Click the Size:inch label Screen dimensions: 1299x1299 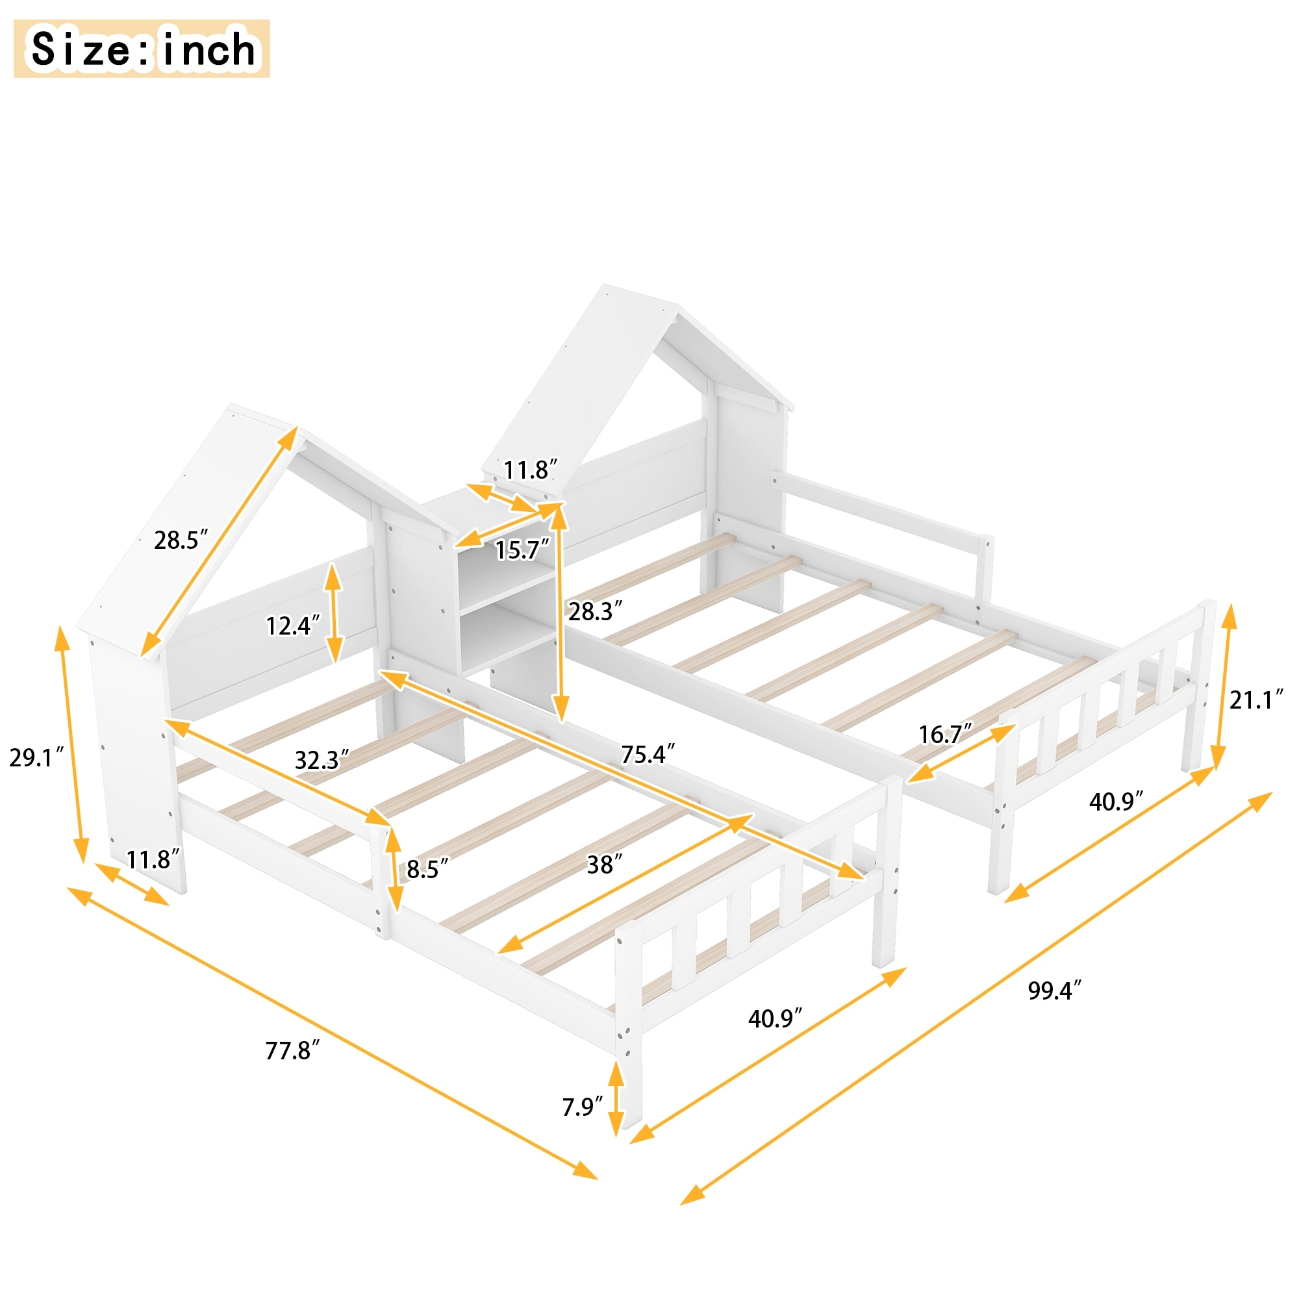pyautogui.click(x=142, y=49)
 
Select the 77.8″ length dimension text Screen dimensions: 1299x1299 pyautogui.click(x=292, y=1050)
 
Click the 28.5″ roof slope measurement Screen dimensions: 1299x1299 pyautogui.click(x=180, y=540)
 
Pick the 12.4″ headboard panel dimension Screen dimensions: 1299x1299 pyautogui.click(x=292, y=626)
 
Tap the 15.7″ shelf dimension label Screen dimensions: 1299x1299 pyautogui.click(x=522, y=550)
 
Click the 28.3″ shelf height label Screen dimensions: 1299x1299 pyautogui.click(x=594, y=611)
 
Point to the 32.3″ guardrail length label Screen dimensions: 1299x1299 pyautogui.click(x=322, y=761)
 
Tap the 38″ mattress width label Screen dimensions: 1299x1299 pyautogui.click(x=604, y=864)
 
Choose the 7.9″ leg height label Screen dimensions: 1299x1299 pyautogui.click(x=582, y=1107)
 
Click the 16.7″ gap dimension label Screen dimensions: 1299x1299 pyautogui.click(x=945, y=734)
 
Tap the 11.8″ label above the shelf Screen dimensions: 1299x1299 pyautogui.click(x=531, y=470)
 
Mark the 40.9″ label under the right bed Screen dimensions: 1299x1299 pyautogui.click(x=1115, y=801)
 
